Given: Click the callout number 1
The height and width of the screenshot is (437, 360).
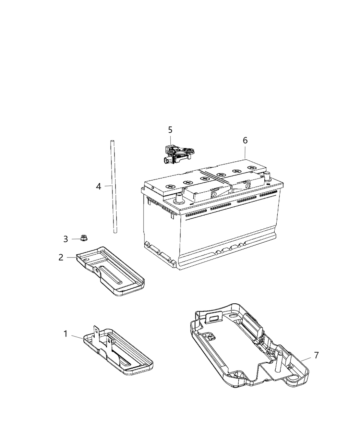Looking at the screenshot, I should pos(65,333).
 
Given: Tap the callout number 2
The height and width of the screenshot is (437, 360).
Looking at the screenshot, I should pos(61,257).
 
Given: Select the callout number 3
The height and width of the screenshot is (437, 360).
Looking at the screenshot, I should pos(65,239).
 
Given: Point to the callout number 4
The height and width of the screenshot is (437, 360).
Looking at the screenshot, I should pos(99,186).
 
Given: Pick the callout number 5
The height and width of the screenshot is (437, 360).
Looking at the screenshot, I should pos(170,130).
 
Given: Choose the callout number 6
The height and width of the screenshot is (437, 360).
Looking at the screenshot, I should pos(245,140).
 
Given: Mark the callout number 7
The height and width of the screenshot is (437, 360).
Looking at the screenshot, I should pos(316,355).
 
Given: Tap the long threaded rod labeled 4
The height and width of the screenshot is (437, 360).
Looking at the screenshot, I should pos(113,187).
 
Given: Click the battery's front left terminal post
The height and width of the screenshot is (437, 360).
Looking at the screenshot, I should pos(178,198).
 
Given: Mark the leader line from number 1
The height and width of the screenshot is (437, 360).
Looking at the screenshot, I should pos(77,337).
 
